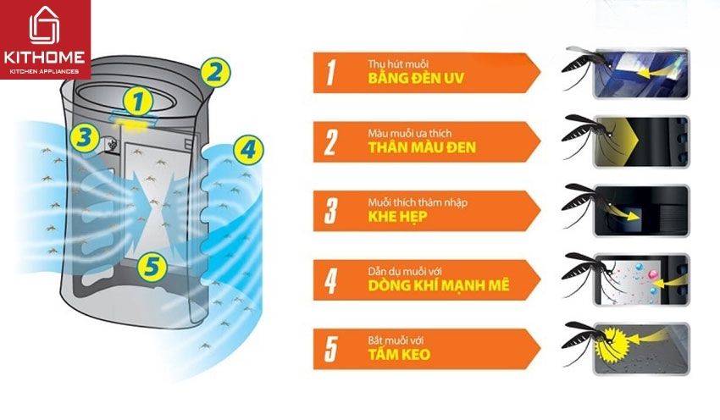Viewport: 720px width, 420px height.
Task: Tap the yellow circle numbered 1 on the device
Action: [140, 101]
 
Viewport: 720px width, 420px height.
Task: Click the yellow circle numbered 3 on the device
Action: [81, 136]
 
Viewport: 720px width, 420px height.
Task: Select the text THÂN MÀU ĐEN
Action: [422, 148]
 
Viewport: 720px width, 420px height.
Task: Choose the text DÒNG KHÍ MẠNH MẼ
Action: [439, 285]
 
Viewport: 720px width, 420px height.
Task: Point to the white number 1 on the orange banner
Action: [329, 73]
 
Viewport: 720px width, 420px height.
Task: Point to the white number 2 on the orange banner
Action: [330, 141]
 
